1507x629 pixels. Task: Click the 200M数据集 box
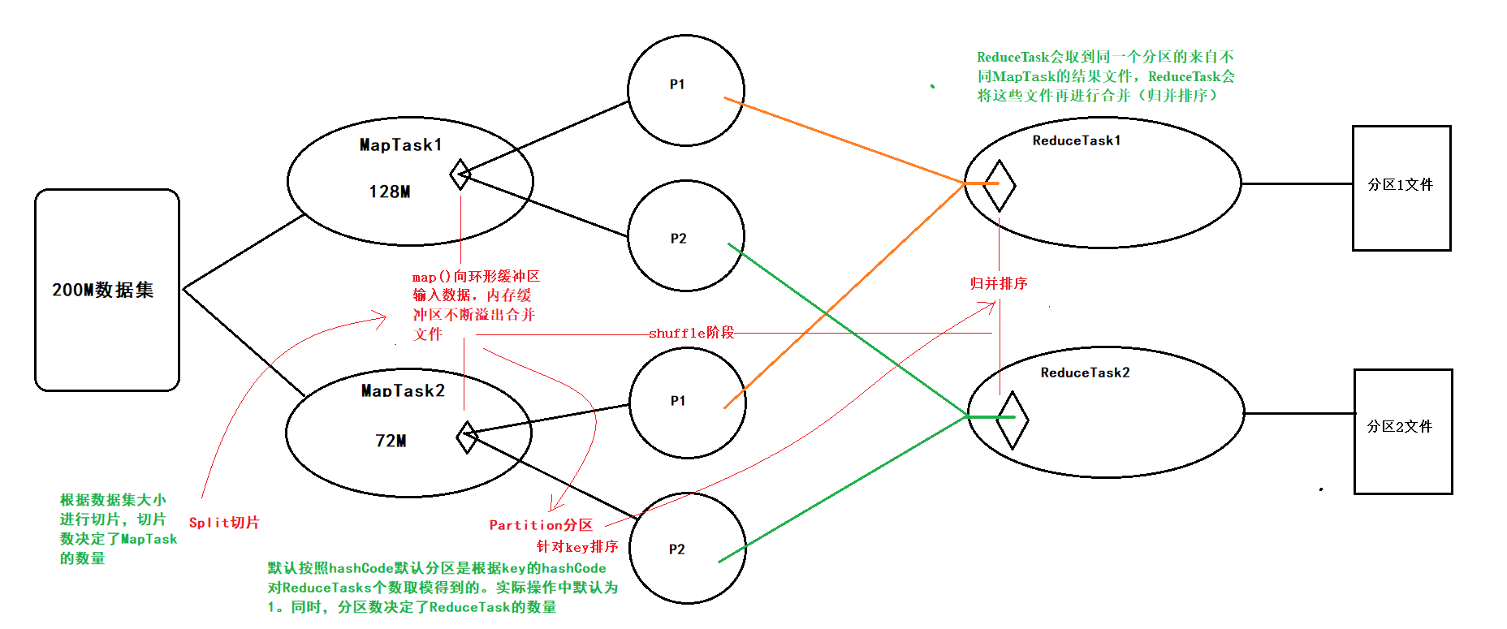pos(106,290)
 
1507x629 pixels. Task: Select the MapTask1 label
pos(401,145)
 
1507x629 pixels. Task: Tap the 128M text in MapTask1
pos(390,192)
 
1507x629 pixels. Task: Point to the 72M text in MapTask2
pos(391,441)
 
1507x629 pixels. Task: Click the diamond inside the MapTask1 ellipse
pos(460,174)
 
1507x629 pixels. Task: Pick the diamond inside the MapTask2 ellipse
pos(467,437)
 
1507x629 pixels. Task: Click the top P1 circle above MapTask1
pos(685,90)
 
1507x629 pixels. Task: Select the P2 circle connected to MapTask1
pos(686,235)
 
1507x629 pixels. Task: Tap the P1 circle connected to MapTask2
pos(687,403)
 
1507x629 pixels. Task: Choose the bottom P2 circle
pos(687,549)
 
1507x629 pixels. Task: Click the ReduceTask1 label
pos(1076,140)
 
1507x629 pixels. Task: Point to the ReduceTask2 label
pos(1085,373)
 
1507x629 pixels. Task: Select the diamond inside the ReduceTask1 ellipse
pos(999,185)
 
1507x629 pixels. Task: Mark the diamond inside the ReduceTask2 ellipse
pos(1012,420)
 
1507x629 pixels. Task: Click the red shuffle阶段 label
pos(691,333)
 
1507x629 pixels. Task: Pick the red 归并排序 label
pos(999,283)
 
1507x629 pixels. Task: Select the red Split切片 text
pos(224,523)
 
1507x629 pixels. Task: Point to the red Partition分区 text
pos(541,525)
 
